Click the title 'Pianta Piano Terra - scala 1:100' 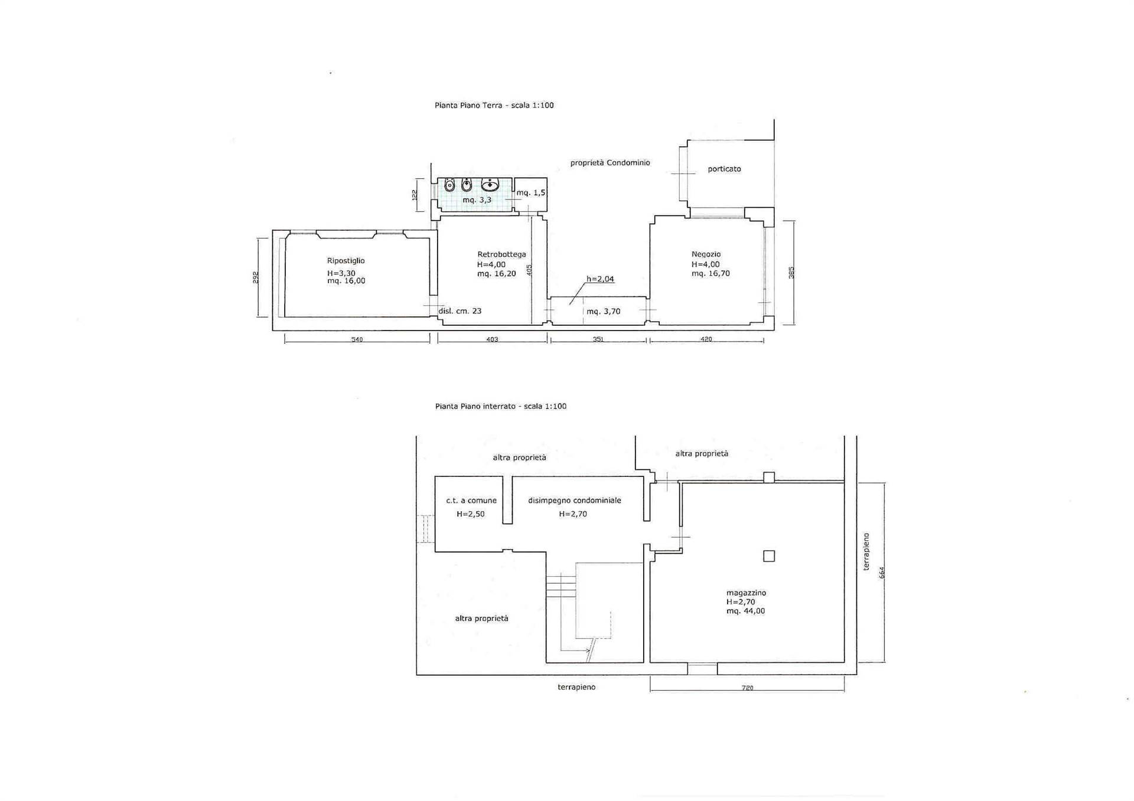click(494, 106)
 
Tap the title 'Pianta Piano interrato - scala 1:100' click(501, 406)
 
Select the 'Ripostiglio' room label click(346, 261)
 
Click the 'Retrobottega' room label click(501, 254)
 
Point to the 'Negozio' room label click(706, 254)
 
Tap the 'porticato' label click(724, 169)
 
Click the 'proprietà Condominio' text click(610, 163)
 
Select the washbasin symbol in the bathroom click(490, 185)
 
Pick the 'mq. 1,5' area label click(531, 193)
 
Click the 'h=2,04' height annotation click(600, 279)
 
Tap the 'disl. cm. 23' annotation click(460, 311)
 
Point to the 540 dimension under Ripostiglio click(357, 339)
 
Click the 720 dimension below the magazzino click(747, 688)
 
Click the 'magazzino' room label click(746, 593)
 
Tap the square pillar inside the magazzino click(769, 556)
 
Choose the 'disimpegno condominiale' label click(575, 501)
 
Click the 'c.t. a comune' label click(471, 501)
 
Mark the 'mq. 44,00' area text click(745, 612)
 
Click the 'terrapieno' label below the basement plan click(576, 688)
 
